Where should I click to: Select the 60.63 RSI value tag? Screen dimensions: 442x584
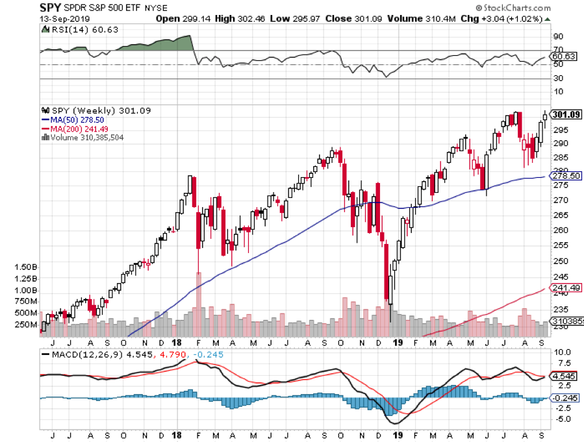(563, 57)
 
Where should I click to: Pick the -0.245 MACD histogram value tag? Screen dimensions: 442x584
(563, 398)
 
